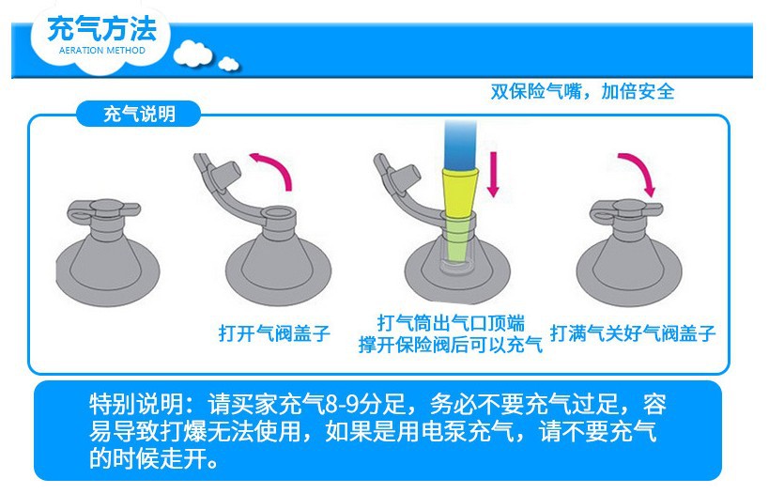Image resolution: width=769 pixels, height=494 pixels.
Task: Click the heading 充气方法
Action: tap(102, 29)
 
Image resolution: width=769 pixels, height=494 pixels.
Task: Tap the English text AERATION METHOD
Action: tap(102, 51)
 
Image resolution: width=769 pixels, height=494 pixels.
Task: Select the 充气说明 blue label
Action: tap(139, 115)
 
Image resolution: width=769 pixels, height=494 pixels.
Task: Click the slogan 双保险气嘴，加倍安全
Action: tap(583, 91)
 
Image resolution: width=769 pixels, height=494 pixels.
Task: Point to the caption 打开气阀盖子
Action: tap(274, 333)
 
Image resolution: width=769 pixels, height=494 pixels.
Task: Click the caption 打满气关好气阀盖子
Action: tap(633, 333)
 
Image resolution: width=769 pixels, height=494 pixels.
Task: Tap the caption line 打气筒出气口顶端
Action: tap(451, 323)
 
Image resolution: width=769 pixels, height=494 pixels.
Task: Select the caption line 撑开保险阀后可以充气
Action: tap(450, 345)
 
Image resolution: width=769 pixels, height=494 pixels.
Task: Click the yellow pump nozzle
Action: tap(460, 193)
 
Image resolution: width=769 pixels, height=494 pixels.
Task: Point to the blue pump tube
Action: tap(460, 145)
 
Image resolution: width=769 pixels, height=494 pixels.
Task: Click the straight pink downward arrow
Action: tap(493, 174)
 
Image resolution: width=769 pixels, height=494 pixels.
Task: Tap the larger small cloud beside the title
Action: tap(192, 53)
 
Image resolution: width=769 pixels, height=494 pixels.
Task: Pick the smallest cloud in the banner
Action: tap(228, 64)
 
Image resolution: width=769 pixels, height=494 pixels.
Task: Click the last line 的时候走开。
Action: tap(154, 458)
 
